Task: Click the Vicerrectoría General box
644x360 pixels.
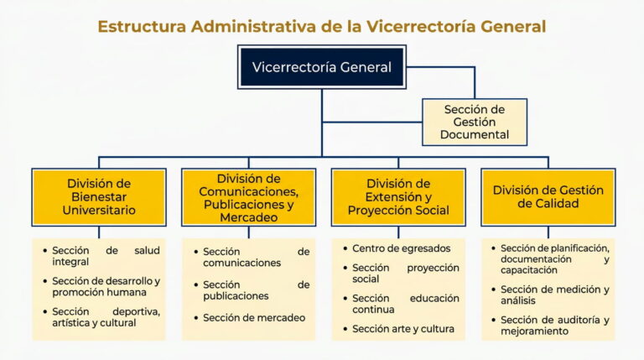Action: tap(322, 67)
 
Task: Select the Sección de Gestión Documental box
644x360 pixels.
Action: tap(475, 122)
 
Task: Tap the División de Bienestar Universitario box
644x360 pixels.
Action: tap(99, 196)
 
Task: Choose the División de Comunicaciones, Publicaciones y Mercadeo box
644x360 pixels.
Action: tap(249, 197)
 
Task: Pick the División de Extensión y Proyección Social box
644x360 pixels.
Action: tap(398, 196)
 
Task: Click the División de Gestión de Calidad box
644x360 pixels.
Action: tap(548, 196)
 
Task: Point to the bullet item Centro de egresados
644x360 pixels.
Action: tap(401, 248)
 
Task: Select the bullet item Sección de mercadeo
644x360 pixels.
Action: tap(254, 317)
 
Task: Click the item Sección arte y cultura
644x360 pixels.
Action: tap(402, 329)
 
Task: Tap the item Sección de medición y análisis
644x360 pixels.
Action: tap(553, 295)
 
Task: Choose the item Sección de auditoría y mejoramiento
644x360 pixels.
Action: tap(553, 326)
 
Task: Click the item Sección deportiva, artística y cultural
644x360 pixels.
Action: tap(106, 317)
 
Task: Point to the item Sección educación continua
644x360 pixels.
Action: tap(406, 304)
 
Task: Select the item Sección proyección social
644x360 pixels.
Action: tap(406, 274)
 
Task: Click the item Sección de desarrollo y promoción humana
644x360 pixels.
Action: tap(106, 287)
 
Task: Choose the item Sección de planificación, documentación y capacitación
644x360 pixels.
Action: tap(553, 259)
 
